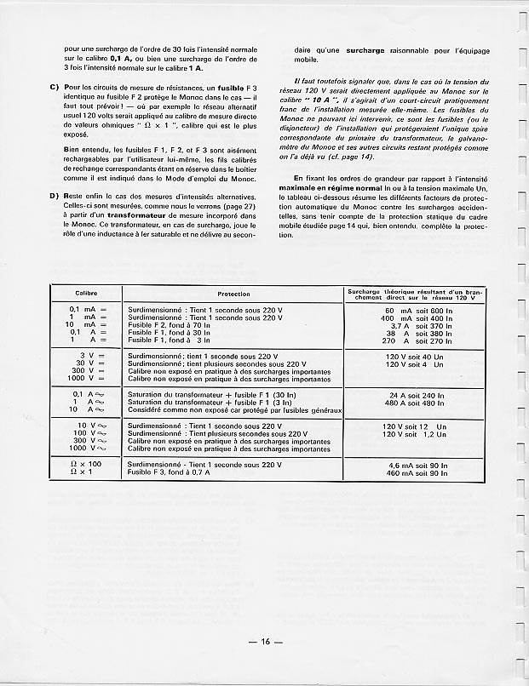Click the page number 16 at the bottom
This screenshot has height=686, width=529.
pos(265,642)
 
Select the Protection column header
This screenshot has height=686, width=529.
pos(233,294)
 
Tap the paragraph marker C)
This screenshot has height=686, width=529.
pos(55,89)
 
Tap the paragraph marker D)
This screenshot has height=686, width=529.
pos(55,197)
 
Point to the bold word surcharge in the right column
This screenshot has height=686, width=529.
pos(368,51)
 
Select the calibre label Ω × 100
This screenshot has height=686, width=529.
pos(85,465)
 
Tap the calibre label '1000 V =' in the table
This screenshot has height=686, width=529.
pos(85,379)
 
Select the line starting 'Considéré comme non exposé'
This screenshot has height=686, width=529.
pos(234,409)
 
